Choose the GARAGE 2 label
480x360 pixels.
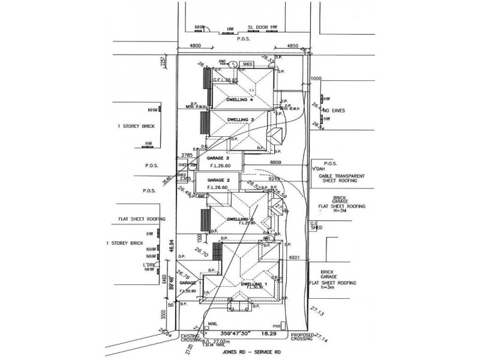(218, 180)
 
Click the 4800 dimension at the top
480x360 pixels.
(194, 46)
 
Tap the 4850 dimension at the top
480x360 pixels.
(289, 46)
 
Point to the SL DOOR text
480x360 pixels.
(257, 28)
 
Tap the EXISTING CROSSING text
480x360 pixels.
(193, 339)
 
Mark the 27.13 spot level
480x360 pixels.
(317, 313)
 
